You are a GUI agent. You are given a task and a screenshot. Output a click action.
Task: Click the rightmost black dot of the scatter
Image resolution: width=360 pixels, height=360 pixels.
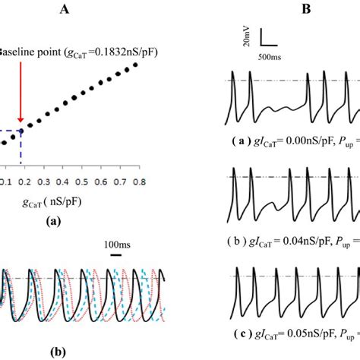(137, 65)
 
